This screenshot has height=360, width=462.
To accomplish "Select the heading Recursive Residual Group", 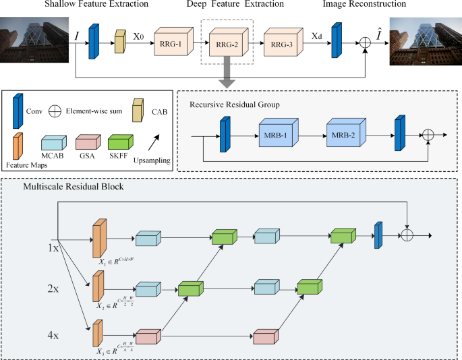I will (233, 104).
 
